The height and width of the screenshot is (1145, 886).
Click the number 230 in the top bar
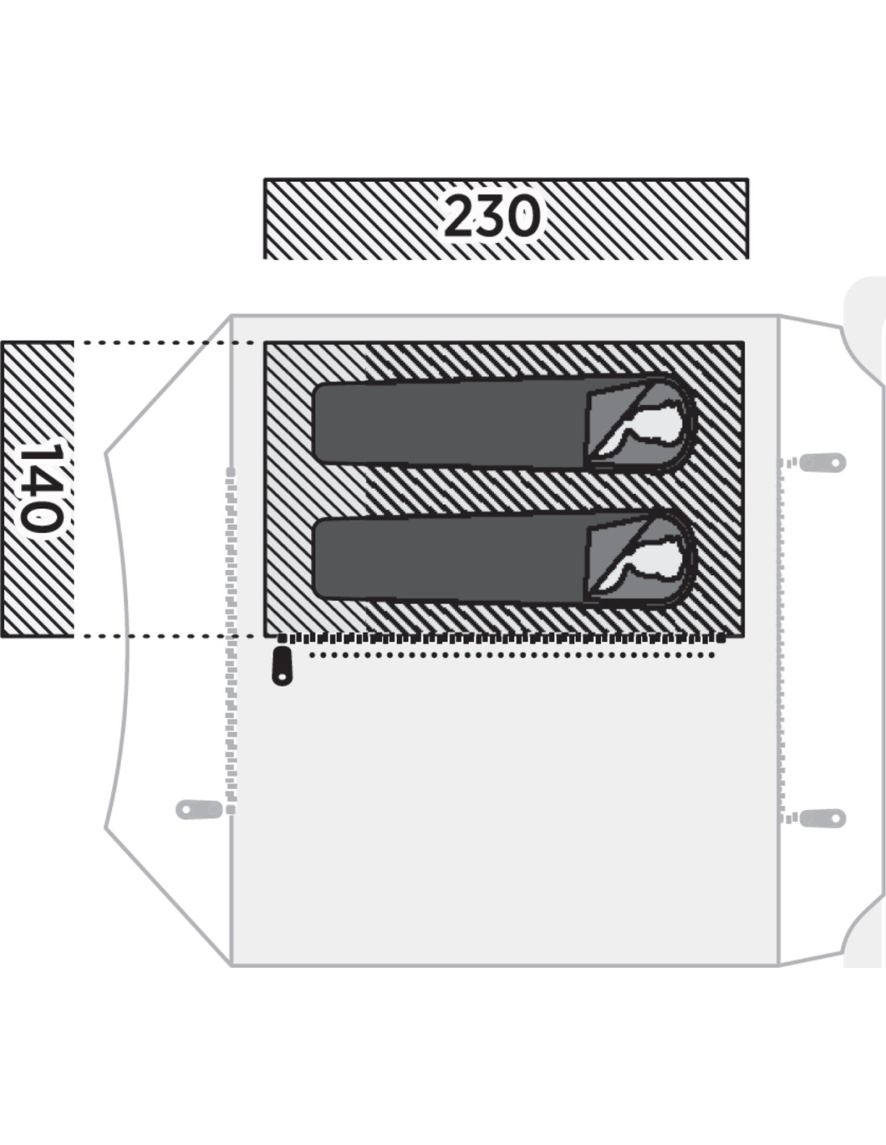pyautogui.click(x=492, y=216)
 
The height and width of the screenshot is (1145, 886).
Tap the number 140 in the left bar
pyautogui.click(x=40, y=487)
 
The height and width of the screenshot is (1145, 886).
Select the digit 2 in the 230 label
pyautogui.click(x=460, y=216)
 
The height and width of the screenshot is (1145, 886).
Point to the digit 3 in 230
pyautogui.click(x=492, y=216)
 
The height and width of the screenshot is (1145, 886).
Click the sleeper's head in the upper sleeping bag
pyautogui.click(x=658, y=423)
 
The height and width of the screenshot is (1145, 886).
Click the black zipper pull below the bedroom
pyautogui.click(x=282, y=666)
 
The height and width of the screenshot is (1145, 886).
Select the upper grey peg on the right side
pyautogui.click(x=822, y=462)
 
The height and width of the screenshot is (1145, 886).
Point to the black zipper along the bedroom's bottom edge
pyautogui.click(x=501, y=639)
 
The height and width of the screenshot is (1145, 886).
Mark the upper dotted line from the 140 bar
pyautogui.click(x=164, y=343)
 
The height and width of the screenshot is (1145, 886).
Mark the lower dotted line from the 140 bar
pyautogui.click(x=164, y=636)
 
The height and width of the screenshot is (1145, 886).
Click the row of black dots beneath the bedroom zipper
pyautogui.click(x=511, y=655)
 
